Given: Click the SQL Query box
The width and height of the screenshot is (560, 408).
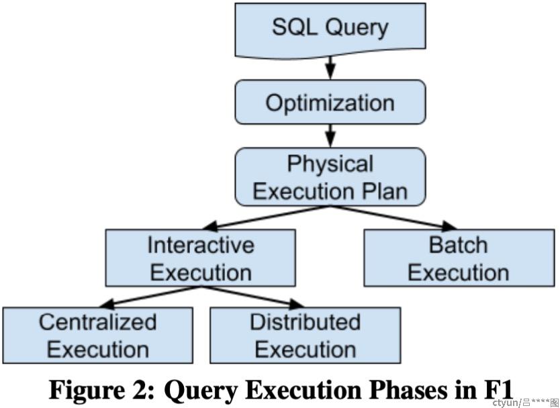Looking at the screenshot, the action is (330, 30).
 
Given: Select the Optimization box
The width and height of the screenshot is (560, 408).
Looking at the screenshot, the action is (330, 102).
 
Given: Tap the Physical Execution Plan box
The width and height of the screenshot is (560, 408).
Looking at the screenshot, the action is (330, 176).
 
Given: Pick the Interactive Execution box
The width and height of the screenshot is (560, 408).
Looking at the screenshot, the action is (200, 258).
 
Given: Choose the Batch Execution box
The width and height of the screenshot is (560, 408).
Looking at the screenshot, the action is (459, 258).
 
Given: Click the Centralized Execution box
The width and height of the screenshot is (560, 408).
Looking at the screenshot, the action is (97, 335).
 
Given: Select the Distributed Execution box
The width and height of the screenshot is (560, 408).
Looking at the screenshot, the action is (305, 335).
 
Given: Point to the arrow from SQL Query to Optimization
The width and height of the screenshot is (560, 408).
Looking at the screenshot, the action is (330, 68).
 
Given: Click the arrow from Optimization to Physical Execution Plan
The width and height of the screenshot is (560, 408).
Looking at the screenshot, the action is (330, 136).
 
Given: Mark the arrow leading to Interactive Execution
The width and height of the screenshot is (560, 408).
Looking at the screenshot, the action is (266, 217).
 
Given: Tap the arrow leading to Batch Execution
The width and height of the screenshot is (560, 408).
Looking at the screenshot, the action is (393, 217).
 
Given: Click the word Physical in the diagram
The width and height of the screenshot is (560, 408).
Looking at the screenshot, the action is (330, 164).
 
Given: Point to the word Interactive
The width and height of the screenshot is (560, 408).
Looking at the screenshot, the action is (201, 245).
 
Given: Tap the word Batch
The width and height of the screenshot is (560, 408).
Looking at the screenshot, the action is (458, 245).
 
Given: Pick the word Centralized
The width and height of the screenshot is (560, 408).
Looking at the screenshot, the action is (97, 322).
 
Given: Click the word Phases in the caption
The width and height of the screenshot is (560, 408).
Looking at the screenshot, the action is (409, 390).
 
